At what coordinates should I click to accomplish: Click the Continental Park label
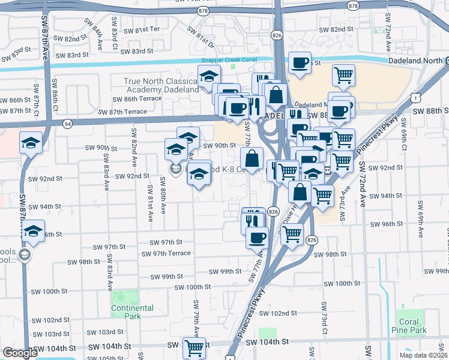click(132, 312)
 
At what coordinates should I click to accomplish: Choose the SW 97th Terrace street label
click(166, 253)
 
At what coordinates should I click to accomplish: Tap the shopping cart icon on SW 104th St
click(194, 347)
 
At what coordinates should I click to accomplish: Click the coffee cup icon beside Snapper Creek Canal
click(300, 62)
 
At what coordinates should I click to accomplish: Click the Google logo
click(19, 353)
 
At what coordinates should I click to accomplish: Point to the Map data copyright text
click(423, 355)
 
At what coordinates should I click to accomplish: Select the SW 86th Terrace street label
click(161, 98)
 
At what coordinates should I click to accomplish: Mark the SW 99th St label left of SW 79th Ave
click(166, 277)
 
